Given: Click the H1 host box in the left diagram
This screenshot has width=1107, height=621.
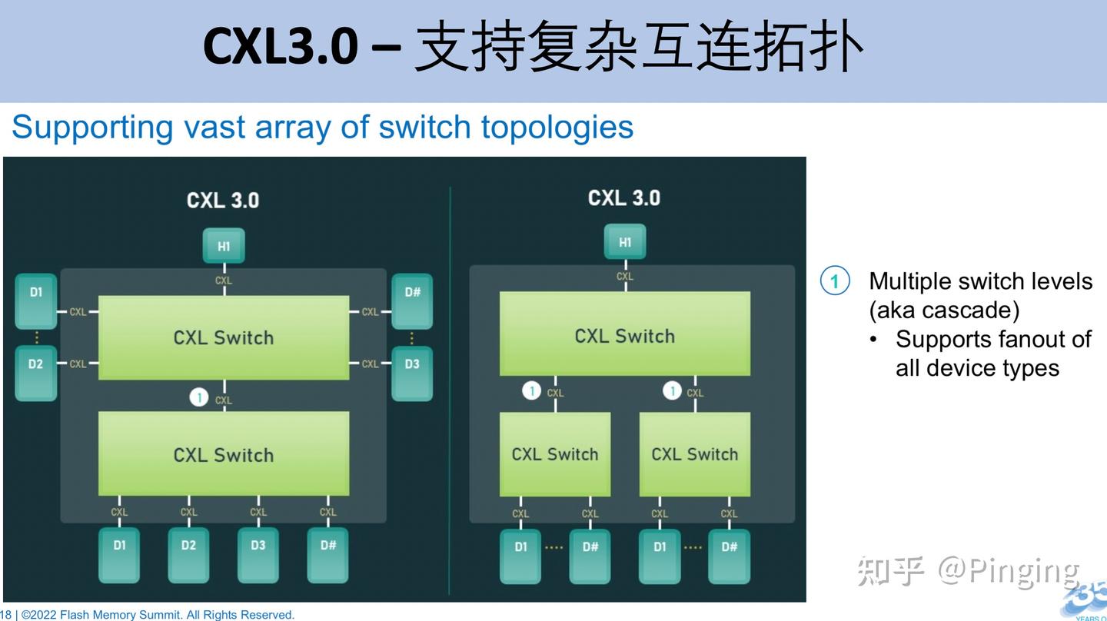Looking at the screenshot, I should (223, 246).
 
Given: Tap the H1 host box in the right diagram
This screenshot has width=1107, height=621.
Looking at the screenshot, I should (624, 242).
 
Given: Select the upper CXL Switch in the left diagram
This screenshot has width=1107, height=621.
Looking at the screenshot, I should (224, 337).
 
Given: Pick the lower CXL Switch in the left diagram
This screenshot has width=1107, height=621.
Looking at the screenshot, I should (224, 454).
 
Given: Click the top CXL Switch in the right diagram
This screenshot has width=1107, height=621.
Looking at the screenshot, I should (624, 334).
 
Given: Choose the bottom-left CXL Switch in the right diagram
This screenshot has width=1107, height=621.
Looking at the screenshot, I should (554, 454).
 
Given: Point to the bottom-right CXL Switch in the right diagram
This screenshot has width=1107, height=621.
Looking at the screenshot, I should (694, 454).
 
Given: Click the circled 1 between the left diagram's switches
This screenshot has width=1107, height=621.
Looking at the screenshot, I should (199, 397).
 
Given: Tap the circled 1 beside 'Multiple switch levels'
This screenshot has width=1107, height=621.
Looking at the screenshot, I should (835, 281).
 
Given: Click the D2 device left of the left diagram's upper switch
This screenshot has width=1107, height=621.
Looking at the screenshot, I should (36, 373).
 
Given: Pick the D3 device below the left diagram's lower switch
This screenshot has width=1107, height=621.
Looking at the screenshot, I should (258, 553).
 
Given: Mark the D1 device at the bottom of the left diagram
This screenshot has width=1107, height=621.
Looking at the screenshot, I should (119, 553).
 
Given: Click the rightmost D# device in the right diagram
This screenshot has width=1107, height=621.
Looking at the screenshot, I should (729, 555).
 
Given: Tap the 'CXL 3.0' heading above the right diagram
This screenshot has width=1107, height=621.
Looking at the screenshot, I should (623, 198).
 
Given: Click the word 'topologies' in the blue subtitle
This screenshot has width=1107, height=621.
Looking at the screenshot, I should (557, 127).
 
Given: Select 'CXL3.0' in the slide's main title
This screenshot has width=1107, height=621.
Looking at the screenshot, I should (280, 46).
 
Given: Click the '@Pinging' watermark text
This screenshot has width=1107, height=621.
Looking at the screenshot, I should (1007, 571).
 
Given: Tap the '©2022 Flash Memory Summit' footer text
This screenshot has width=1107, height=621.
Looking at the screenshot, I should (100, 615).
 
